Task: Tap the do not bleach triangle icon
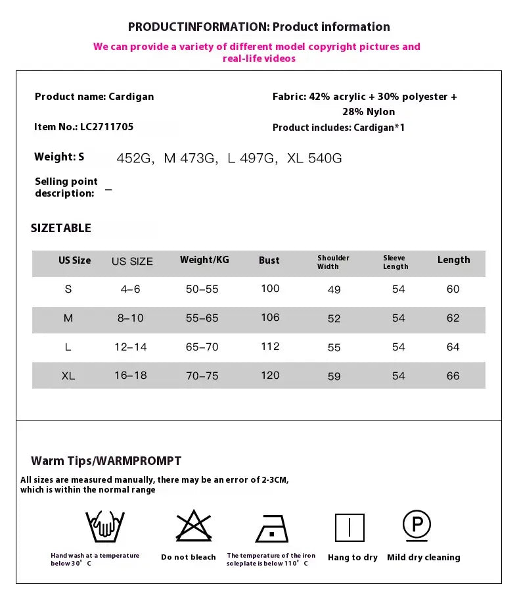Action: coord(194,526)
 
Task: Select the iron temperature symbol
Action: coord(272,528)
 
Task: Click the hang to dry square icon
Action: coord(350,527)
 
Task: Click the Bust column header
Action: coord(269,260)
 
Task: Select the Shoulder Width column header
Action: coord(333,262)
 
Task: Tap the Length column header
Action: coord(453,260)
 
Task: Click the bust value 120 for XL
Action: coord(270,376)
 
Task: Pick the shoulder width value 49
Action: coord(334,290)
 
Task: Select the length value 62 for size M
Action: coord(453,318)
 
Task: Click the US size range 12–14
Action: coord(131,347)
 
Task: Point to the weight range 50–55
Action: coord(202,289)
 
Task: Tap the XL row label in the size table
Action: coord(68,376)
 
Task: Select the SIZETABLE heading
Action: coord(61,228)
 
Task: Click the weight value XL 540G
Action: coord(315,158)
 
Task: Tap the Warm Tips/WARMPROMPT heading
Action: coord(106,461)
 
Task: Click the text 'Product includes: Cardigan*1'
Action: coord(338,128)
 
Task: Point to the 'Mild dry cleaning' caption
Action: coord(423,558)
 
